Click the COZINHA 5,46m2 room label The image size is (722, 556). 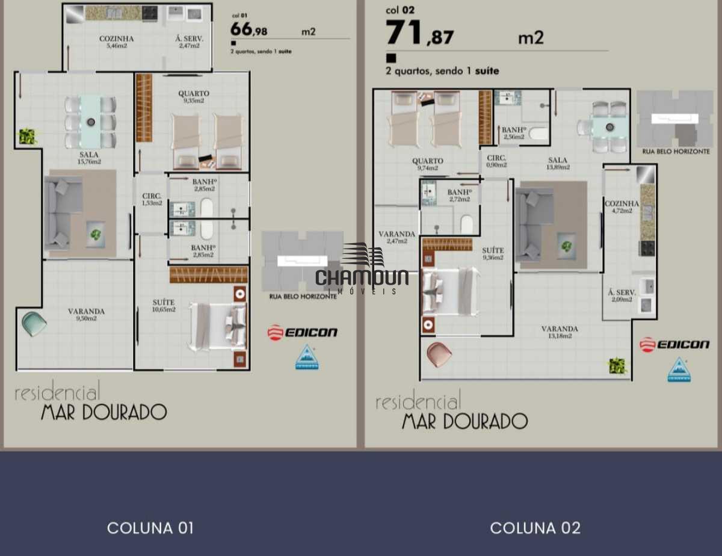(x=116, y=42)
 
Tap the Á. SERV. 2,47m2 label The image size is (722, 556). (x=189, y=42)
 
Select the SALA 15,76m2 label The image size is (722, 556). (x=89, y=158)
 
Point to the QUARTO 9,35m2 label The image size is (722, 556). (x=194, y=97)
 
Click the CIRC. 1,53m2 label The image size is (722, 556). (x=152, y=199)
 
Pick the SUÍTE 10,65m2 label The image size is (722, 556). (x=163, y=305)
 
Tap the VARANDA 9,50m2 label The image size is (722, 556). (x=86, y=314)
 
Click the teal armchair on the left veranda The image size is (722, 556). (x=34, y=324)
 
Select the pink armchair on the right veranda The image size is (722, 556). (x=439, y=354)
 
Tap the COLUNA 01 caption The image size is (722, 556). (x=150, y=528)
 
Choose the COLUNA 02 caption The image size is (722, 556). (x=535, y=528)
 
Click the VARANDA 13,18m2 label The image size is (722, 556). (x=560, y=332)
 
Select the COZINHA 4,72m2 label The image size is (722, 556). (x=622, y=207)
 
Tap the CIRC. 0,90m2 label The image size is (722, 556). (x=496, y=161)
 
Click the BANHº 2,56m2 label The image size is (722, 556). (x=514, y=133)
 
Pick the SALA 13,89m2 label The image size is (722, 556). (x=558, y=163)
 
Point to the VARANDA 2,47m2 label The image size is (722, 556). (x=396, y=237)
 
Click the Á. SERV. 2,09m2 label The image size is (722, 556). (x=622, y=295)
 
